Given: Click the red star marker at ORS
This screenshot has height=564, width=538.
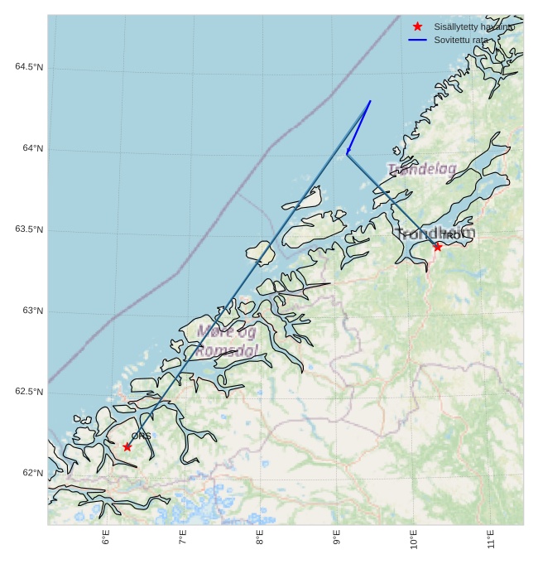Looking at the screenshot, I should click(127, 446).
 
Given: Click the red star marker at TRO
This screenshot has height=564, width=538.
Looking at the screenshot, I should click(438, 246).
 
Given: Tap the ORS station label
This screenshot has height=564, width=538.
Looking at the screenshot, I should click(141, 436).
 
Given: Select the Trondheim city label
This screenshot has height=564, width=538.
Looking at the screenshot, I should click(435, 234).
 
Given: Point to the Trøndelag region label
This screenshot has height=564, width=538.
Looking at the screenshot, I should click(422, 169).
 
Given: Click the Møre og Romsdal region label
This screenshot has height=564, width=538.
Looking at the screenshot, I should click(227, 341).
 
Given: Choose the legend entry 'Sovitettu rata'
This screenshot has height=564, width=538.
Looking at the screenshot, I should click(460, 40).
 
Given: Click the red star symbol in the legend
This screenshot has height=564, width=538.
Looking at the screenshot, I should click(417, 27).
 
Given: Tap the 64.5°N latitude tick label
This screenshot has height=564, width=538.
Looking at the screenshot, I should click(28, 67).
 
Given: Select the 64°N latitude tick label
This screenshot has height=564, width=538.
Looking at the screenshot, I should click(33, 148).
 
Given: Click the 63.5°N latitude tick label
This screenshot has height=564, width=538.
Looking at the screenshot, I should click(28, 229).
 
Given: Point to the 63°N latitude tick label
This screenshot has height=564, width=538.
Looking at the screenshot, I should click(33, 311).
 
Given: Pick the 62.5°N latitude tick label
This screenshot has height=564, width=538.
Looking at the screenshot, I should click(28, 392).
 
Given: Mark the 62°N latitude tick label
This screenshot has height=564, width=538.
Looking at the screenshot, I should click(33, 473).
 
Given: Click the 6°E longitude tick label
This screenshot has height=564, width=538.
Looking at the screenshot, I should click(106, 537).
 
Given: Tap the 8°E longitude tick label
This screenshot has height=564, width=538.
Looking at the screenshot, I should click(260, 537).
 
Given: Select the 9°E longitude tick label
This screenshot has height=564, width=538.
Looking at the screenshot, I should click(337, 537).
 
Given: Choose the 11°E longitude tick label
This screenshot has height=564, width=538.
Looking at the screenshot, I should click(491, 539).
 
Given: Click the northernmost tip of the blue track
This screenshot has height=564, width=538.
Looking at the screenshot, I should click(370, 101).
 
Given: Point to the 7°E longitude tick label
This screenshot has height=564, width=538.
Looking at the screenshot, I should click(183, 537).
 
